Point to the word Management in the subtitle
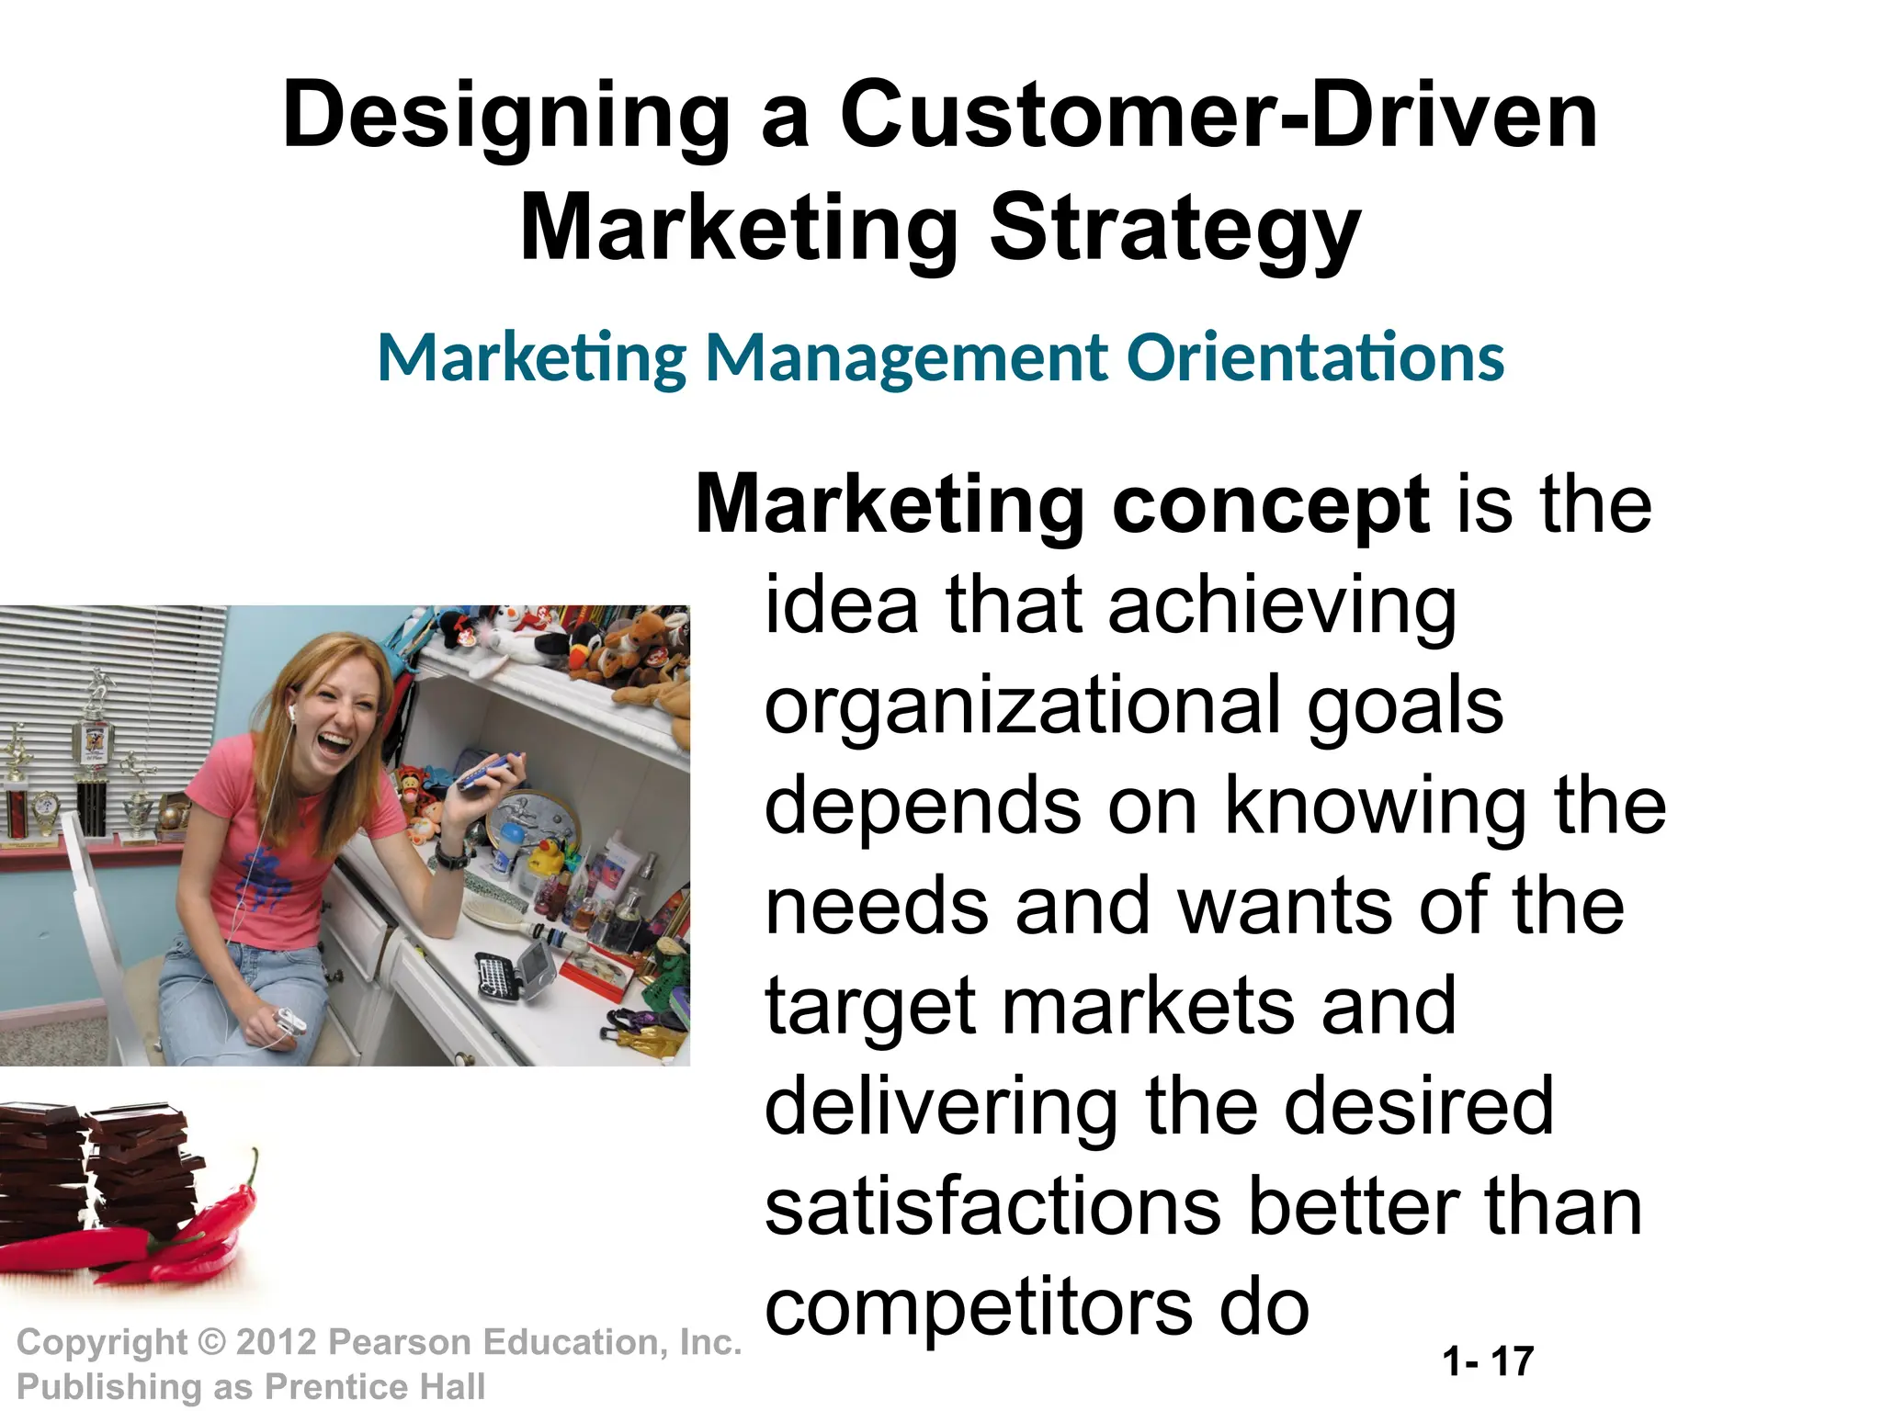906,358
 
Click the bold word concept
1271,504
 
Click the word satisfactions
993,1208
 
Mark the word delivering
941,1108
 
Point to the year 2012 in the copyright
276,1342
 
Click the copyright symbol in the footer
212,1343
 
